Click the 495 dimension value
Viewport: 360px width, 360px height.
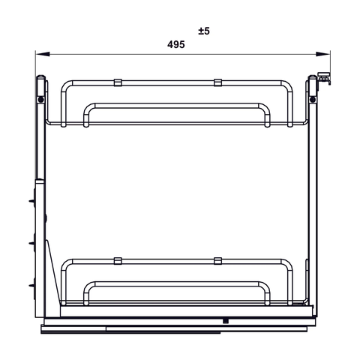coord(176,45)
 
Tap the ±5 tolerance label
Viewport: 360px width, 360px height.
coord(204,31)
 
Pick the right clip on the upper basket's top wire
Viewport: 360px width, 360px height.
coord(217,81)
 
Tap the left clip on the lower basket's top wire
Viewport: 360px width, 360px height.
coord(118,260)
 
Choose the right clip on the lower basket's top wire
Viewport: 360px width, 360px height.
coord(217,260)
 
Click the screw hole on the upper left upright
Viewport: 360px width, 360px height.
coord(42,99)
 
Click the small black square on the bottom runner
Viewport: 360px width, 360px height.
coord(224,320)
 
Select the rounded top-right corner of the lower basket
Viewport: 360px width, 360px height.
coord(288,263)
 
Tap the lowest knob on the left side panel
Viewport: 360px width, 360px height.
coord(34,286)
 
